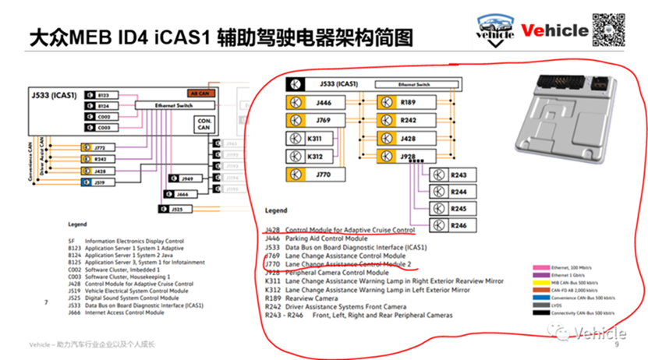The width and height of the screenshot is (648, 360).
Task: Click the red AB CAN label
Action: (x=199, y=94)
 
